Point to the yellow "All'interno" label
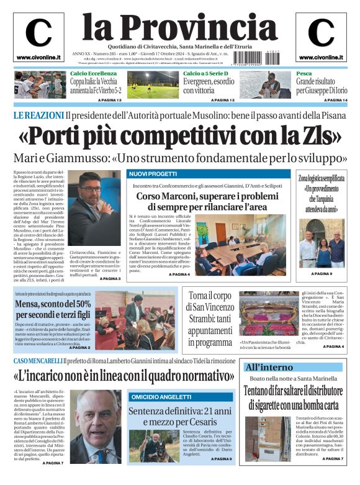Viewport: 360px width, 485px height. point(268,368)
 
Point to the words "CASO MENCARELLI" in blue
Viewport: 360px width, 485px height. point(37,361)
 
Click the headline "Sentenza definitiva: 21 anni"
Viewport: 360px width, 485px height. point(180,412)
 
